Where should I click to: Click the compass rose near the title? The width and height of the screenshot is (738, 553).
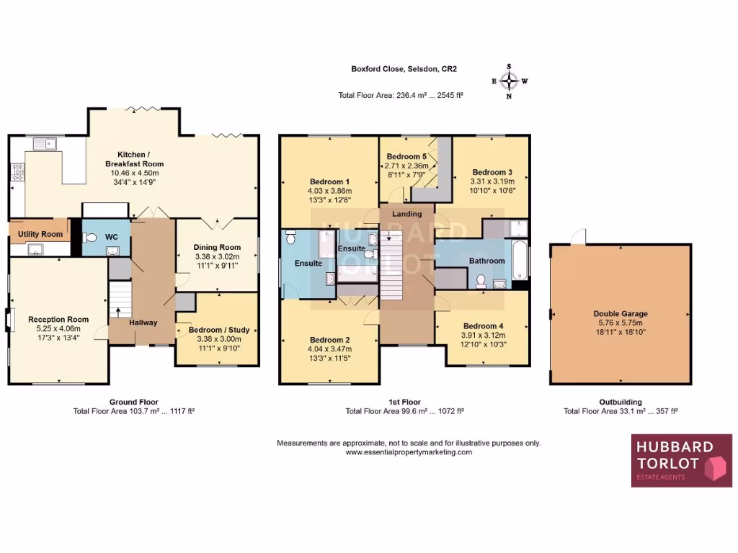click(510, 81)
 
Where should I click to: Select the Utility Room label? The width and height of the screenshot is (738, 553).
click(40, 234)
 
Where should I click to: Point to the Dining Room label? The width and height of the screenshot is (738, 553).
click(217, 247)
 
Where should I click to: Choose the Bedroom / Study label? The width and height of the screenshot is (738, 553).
click(218, 330)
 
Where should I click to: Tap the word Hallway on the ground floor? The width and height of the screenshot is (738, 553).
click(143, 322)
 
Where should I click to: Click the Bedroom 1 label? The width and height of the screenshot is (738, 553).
click(329, 181)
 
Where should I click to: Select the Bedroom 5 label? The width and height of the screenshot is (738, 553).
click(407, 156)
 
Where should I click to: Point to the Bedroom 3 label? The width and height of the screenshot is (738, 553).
click(492, 172)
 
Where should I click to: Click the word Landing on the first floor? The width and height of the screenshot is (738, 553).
click(406, 214)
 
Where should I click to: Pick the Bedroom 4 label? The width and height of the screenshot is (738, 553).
click(484, 325)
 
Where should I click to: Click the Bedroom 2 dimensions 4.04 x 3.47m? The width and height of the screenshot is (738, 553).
click(329, 350)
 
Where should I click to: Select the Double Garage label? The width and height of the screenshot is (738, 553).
click(621, 313)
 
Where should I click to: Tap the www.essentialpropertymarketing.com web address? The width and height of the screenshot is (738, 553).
click(409, 452)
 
